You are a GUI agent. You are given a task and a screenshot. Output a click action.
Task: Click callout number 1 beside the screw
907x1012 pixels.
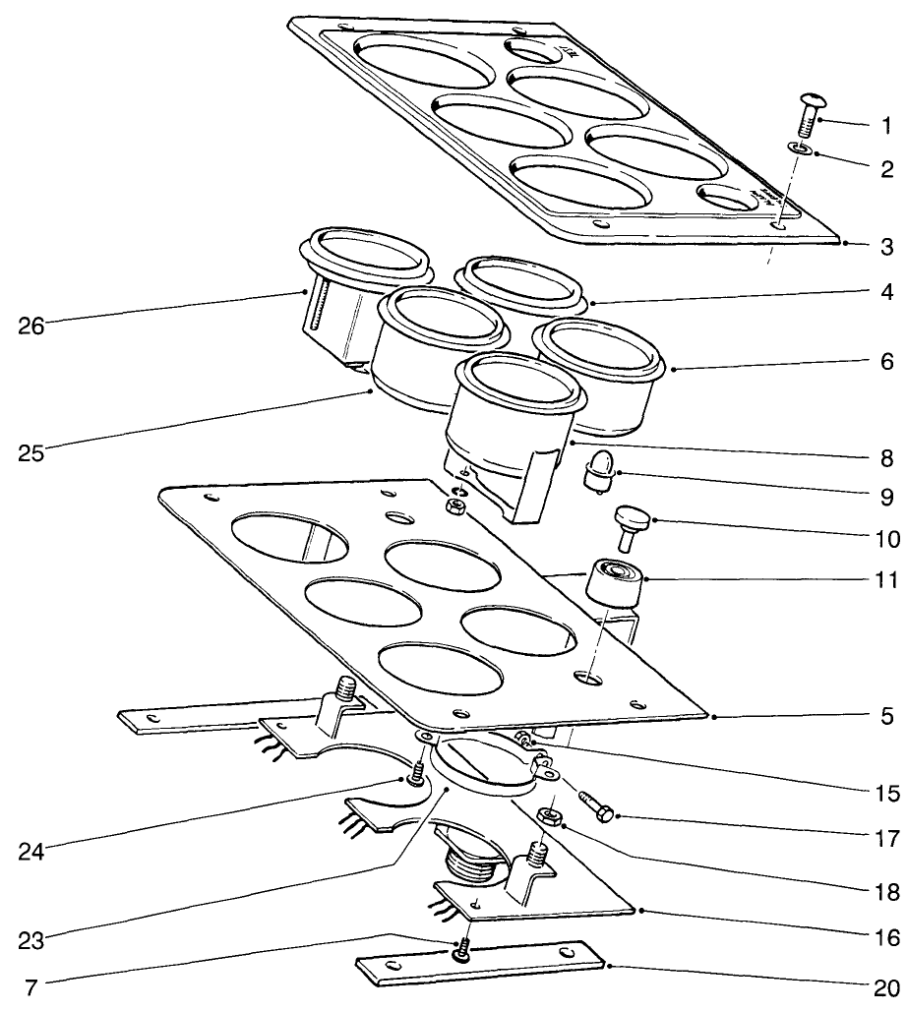tap(886, 127)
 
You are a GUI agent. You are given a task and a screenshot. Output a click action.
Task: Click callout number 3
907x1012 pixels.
tap(886, 246)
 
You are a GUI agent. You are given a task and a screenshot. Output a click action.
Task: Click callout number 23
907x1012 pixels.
tap(30, 938)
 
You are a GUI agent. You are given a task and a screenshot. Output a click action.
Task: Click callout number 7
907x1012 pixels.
tap(30, 984)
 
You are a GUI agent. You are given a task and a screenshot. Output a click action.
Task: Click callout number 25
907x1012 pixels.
tap(30, 453)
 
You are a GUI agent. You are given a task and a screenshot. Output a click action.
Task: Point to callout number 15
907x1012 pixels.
tap(886, 791)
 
